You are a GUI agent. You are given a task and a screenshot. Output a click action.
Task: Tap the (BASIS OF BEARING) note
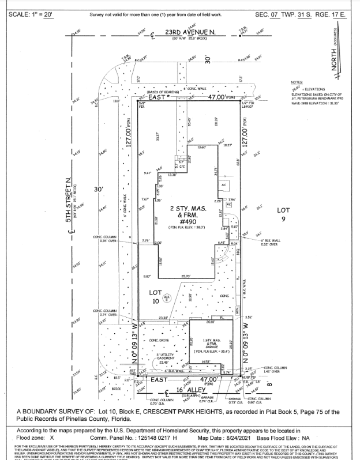(x=163, y=92)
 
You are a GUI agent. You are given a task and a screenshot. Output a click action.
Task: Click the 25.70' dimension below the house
(x=185, y=276)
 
